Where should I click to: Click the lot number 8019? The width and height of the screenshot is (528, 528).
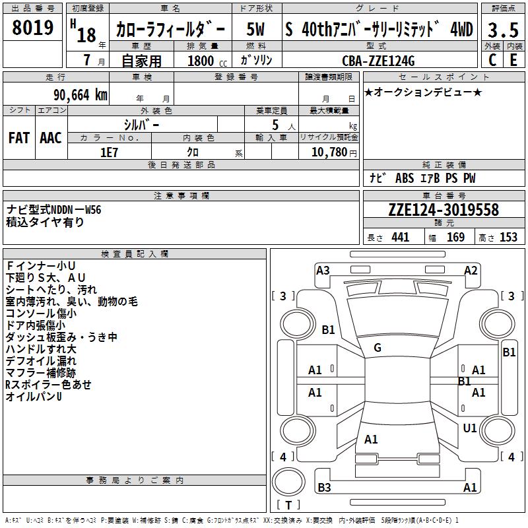[33, 28]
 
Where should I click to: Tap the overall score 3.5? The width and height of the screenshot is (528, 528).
[502, 30]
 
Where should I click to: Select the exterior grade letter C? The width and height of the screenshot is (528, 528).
[492, 59]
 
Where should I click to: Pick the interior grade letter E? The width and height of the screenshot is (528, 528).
[513, 59]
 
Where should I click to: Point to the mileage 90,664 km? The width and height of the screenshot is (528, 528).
[81, 95]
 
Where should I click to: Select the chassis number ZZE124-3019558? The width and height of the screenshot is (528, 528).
[444, 211]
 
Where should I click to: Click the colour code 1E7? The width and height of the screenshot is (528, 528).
[109, 151]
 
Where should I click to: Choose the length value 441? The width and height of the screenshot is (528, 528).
[400, 238]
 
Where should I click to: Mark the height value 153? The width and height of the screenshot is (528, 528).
[508, 238]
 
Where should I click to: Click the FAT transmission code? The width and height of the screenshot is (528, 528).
[19, 137]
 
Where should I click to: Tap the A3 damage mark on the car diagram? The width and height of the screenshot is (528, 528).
[323, 270]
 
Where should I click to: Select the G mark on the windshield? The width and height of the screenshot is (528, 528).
[378, 347]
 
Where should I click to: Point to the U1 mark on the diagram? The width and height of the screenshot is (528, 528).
[470, 428]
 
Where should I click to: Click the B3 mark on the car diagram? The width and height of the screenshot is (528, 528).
[324, 488]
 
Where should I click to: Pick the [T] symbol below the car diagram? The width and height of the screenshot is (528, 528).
[288, 505]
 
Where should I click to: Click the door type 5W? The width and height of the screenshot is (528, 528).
[256, 30]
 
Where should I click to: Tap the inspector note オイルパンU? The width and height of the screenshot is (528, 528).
[34, 397]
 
